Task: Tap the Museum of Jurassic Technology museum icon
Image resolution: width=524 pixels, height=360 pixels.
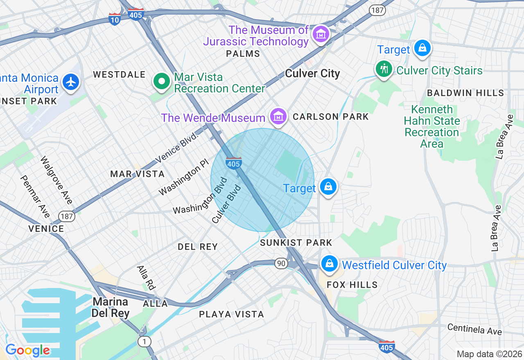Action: (x=321, y=34)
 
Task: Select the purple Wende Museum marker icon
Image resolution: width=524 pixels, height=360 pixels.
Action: (x=278, y=117)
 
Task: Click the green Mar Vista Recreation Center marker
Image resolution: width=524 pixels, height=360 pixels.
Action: (x=162, y=81)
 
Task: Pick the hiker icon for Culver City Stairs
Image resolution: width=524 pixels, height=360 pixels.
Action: (x=384, y=69)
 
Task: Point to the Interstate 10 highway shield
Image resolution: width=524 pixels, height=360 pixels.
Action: (x=115, y=19)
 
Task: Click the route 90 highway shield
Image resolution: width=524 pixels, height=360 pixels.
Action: (x=281, y=263)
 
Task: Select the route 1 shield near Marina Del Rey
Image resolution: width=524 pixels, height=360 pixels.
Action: (x=144, y=342)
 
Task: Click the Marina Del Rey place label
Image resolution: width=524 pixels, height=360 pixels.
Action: (x=111, y=308)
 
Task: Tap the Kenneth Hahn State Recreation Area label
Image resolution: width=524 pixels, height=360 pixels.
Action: (x=432, y=126)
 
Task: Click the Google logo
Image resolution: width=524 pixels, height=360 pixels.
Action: (x=27, y=351)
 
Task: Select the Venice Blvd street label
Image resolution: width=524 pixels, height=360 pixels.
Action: (x=177, y=148)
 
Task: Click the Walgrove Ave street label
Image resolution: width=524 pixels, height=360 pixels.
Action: (x=56, y=180)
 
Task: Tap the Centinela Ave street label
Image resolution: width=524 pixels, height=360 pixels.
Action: (x=474, y=329)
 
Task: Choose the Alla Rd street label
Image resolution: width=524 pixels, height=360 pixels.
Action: (x=146, y=278)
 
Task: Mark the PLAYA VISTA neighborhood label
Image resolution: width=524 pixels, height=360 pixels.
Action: (x=231, y=314)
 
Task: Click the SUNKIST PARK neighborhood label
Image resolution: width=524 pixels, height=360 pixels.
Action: (x=296, y=243)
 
